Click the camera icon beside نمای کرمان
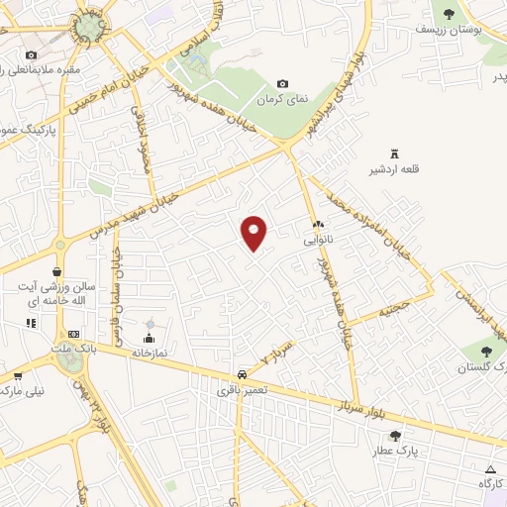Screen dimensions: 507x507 click(284, 84)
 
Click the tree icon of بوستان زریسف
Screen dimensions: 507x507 click(448, 14)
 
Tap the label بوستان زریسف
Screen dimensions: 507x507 click(462, 31)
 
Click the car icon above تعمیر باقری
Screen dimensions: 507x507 click(242, 375)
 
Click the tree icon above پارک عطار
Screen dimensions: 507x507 click(395, 435)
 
